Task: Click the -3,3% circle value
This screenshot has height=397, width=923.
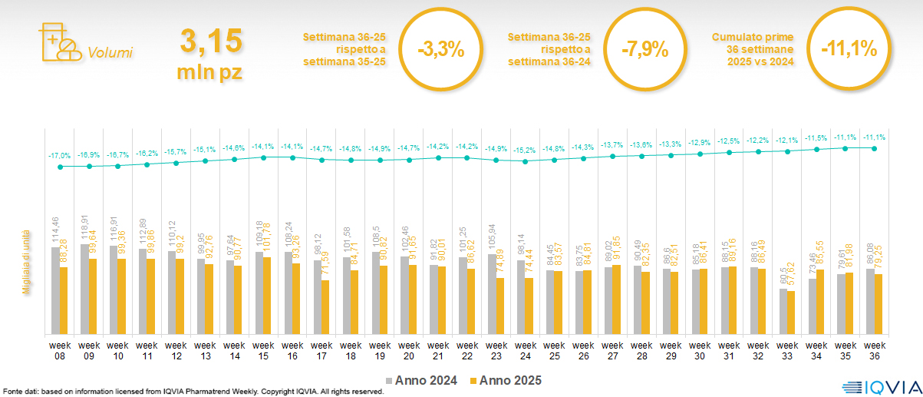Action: [440, 50]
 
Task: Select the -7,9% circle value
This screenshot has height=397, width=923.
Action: [644, 50]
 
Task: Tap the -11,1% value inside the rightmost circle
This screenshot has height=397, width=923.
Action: [849, 50]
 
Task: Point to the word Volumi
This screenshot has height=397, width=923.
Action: [110, 53]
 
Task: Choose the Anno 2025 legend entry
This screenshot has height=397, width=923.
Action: [506, 380]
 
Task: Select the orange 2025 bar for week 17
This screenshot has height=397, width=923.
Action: [325, 307]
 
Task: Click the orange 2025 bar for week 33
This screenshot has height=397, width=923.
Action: [792, 313]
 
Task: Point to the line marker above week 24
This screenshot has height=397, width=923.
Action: [526, 161]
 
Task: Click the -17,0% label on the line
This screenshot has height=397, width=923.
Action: [60, 154]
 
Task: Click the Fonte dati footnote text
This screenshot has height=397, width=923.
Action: [192, 392]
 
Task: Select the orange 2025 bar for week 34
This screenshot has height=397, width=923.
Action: [821, 302]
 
